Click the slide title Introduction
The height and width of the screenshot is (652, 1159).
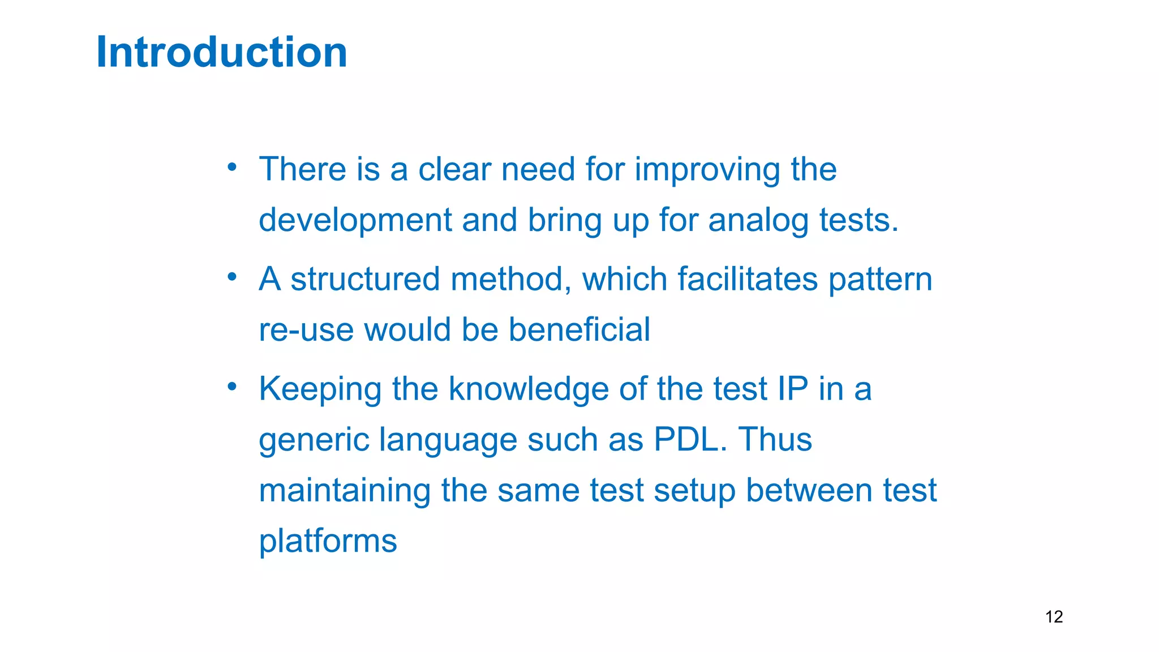pos(221,52)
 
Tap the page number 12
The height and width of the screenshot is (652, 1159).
pos(1054,616)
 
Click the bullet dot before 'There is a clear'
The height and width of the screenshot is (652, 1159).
pos(231,167)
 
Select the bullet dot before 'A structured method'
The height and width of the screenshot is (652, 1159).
pos(231,277)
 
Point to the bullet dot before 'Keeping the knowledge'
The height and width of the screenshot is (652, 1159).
pos(231,387)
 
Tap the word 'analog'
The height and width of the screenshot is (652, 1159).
pos(758,221)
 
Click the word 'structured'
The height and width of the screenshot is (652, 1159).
pos(365,279)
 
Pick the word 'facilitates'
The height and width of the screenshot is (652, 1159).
pos(748,279)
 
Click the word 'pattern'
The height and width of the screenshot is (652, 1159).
pos(880,280)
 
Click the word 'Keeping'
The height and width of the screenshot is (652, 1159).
pos(320,390)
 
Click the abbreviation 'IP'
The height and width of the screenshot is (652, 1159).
pos(792,389)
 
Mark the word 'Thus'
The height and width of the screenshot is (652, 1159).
pos(775,439)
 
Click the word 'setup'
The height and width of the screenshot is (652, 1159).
pos(694,491)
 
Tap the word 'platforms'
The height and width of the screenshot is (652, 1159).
pos(328,542)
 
